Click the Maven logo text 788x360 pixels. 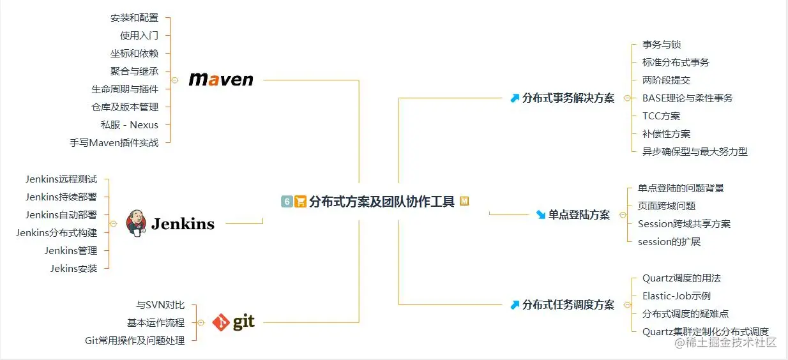221,80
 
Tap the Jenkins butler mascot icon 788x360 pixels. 135,223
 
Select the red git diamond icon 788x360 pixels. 221,323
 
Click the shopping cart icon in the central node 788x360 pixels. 300,202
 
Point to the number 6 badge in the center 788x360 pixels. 287,202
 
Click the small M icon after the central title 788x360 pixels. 464,201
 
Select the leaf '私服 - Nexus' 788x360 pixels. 129,125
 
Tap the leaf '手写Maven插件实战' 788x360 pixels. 114,143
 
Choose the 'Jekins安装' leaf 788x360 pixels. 73,269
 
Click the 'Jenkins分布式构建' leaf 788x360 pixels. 57,233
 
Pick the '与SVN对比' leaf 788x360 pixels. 160,305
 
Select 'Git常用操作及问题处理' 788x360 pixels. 135,341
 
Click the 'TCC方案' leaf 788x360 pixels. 661,116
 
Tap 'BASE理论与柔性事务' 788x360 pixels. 687,98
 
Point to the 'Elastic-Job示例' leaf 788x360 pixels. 676,296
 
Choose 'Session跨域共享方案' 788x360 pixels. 684,224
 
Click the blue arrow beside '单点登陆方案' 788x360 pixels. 541,215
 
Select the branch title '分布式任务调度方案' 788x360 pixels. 568,305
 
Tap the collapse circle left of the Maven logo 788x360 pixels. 174,80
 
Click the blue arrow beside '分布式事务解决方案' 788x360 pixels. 515,98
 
